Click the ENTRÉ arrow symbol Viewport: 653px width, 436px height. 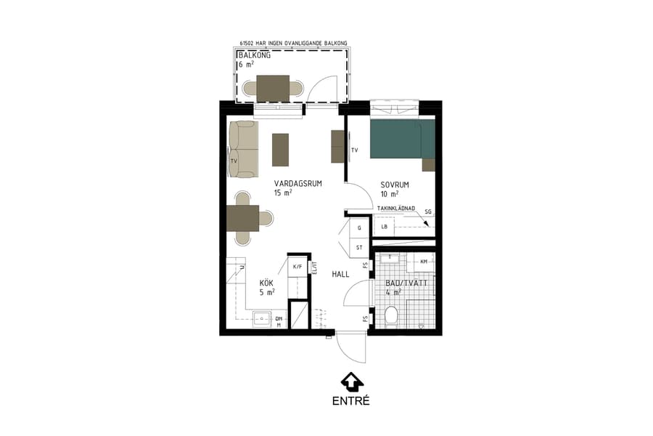(351, 381)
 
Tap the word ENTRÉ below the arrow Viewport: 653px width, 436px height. (351, 400)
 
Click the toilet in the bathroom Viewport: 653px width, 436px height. (391, 316)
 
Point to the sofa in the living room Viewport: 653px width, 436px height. (243, 150)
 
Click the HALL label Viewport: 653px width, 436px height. (341, 275)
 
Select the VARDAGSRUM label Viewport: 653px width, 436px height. (297, 184)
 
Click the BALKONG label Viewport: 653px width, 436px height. (254, 54)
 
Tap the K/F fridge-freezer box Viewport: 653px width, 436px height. (297, 267)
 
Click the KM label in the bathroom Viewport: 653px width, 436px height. (424, 261)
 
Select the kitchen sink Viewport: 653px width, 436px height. (260, 318)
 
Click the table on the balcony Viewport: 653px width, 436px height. (273, 88)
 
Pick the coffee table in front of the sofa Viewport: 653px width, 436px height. (279, 149)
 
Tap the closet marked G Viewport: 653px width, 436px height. (359, 228)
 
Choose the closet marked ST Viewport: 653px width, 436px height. (359, 248)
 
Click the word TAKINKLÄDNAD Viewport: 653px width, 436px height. (395, 209)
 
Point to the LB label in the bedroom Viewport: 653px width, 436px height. (385, 227)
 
